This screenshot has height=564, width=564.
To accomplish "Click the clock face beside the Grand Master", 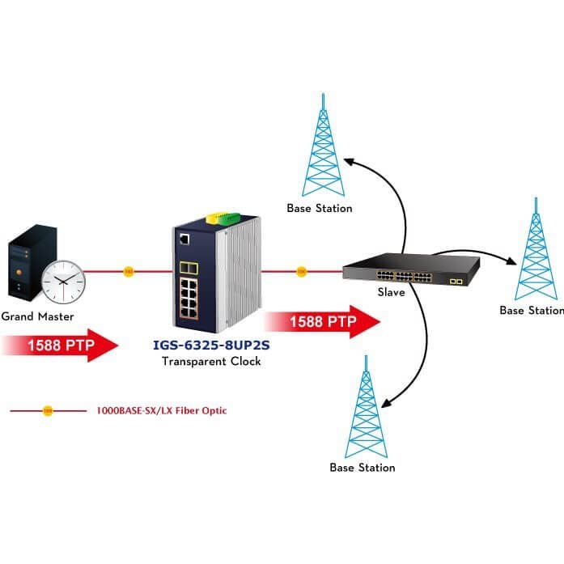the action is coord(63,282).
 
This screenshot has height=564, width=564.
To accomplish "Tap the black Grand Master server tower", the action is coord(32,263).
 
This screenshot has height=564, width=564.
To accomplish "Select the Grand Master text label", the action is coord(37,316).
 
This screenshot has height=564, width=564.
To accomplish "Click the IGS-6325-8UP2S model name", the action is coord(211,345).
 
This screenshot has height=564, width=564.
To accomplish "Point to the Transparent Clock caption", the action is coord(211,361).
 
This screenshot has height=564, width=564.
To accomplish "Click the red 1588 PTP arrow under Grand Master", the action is coord(61,346).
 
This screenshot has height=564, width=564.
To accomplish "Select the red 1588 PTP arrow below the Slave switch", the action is coord(323,322).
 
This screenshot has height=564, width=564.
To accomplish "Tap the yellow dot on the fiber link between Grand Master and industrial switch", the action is coord(129,272).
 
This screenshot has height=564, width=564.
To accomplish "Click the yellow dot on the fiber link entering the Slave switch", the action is coord(302,272).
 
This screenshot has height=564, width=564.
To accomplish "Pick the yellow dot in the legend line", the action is coord(48,411).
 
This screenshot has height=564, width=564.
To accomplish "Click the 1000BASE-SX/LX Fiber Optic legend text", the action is coord(162,411).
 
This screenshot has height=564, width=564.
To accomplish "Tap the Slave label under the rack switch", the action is coord(392,292).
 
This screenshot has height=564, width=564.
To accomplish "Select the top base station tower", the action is coord(323,145).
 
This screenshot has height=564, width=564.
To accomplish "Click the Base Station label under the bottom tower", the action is coord(363,468).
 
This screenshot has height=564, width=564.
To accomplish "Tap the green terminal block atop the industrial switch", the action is coord(230,218).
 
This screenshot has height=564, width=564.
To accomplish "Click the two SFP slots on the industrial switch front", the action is coord(189,268).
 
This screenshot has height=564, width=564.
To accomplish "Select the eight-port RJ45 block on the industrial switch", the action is coord(189,299).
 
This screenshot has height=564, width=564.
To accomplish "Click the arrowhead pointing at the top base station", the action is coord(349,162).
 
